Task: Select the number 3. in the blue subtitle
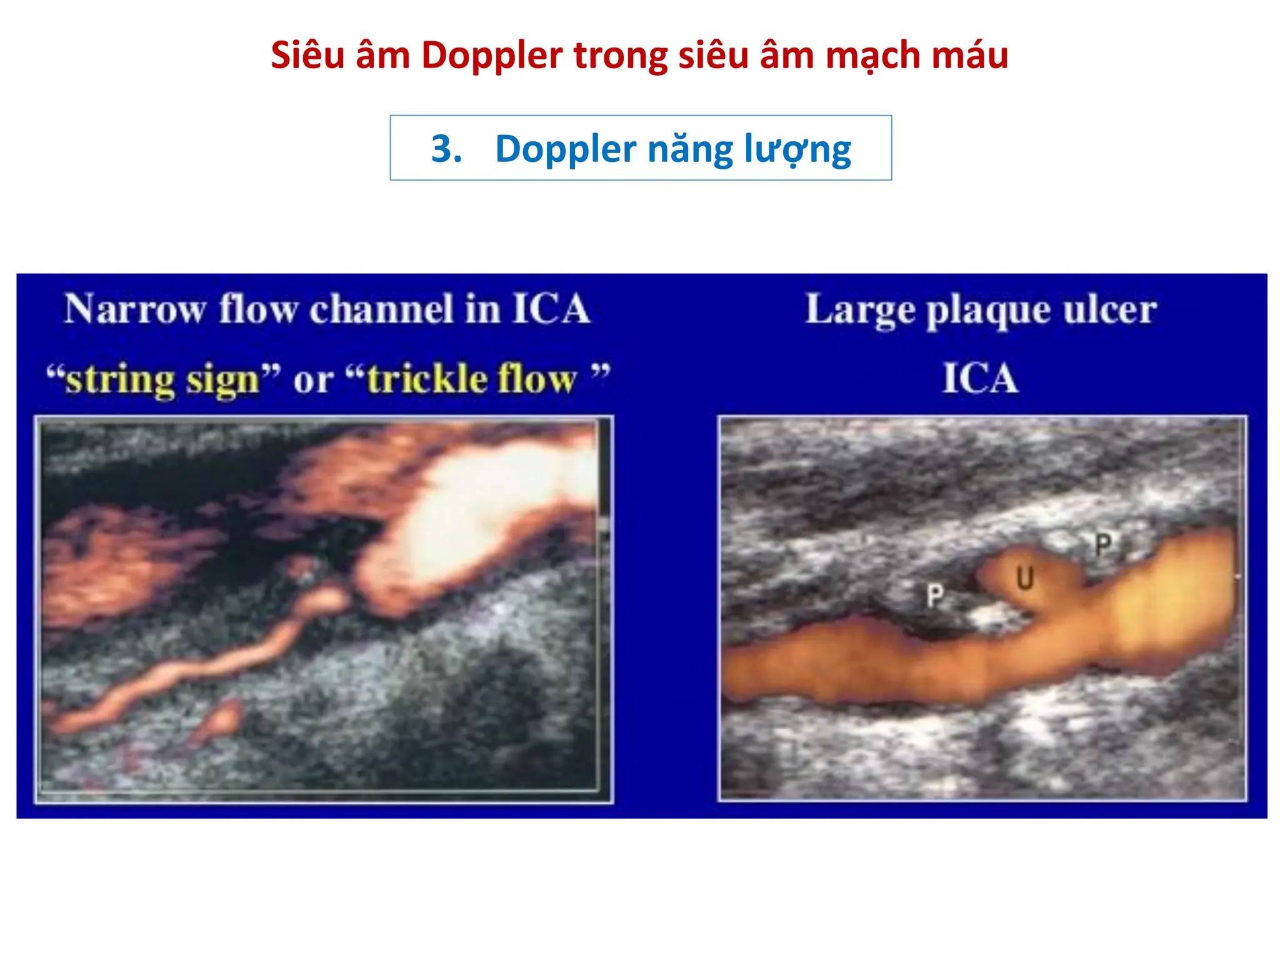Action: (446, 149)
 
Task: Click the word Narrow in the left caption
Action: (135, 309)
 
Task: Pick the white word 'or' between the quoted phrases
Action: (313, 380)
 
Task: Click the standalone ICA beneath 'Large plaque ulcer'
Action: (980, 378)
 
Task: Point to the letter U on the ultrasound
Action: (1024, 579)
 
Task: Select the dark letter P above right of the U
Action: (1103, 545)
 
